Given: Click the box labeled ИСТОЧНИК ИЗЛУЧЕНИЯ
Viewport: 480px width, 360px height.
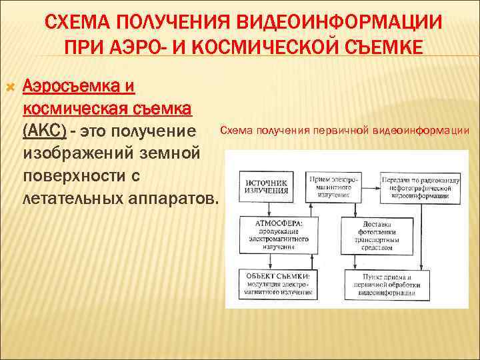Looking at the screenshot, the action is pyautogui.click(x=267, y=186).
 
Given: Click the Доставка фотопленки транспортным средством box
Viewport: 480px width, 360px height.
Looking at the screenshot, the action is pyautogui.click(x=378, y=234).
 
